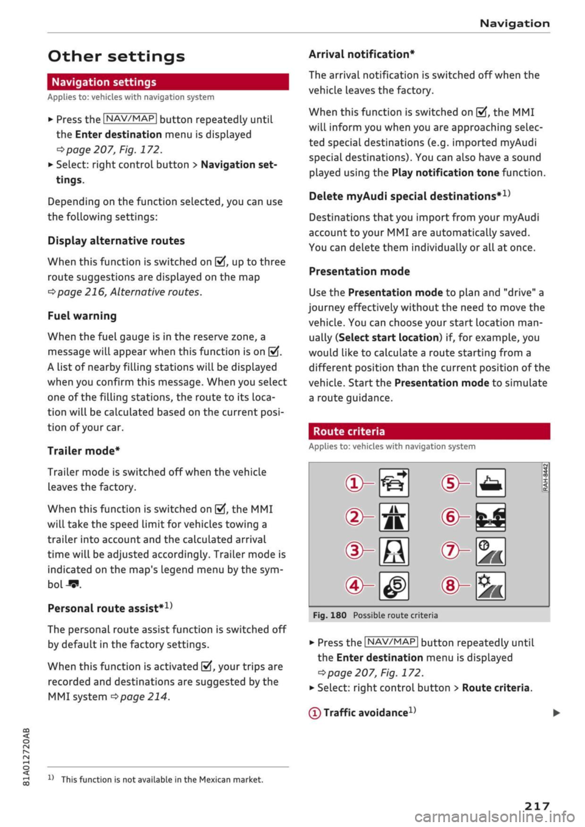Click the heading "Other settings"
[x=116, y=57]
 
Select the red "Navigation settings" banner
[x=168, y=82]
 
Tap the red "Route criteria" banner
[x=429, y=431]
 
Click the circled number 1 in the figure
[x=353, y=484]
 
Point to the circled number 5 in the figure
[x=450, y=484]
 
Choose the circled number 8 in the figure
[x=450, y=585]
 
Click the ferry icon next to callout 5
[x=491, y=483]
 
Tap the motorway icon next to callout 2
[x=394, y=517]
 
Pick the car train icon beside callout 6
[x=491, y=517]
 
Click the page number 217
[x=537, y=806]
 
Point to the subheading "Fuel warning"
[x=82, y=315]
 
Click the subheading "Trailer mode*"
[x=84, y=451]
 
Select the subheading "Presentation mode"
[x=360, y=271]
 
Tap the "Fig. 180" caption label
[x=330, y=615]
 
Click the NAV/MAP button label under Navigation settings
[x=130, y=119]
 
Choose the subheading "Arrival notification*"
[x=362, y=54]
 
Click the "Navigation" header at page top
[x=514, y=23]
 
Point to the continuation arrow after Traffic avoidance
[x=556, y=713]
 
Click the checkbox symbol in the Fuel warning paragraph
[x=274, y=352]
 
